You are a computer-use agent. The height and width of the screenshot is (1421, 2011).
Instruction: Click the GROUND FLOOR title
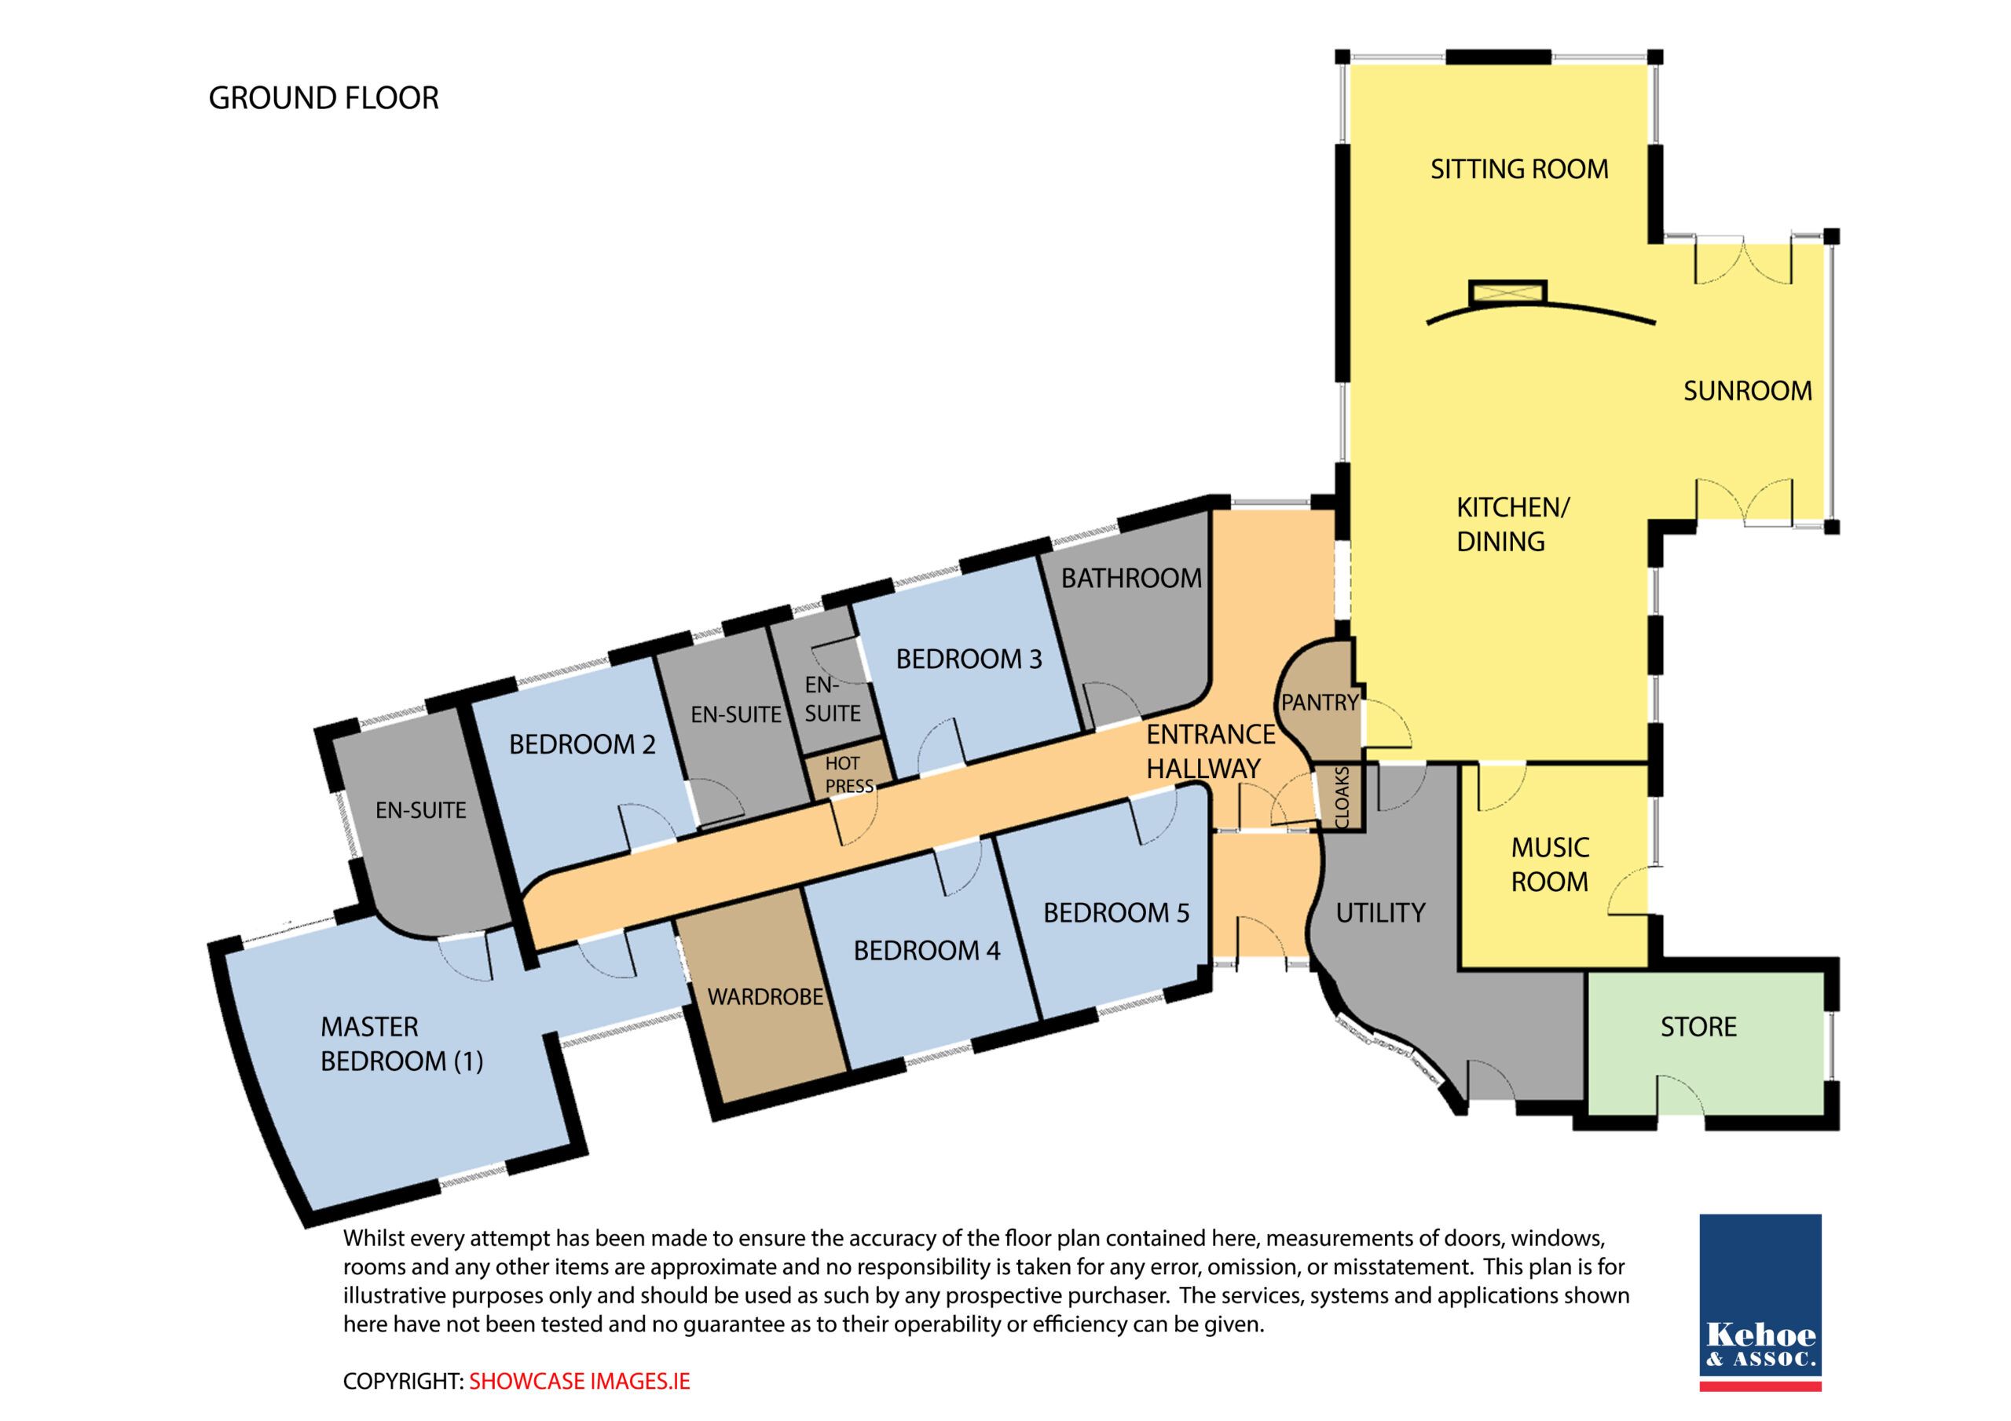pos(323,98)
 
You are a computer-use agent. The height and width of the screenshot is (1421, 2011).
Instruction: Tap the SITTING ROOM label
pos(1518,169)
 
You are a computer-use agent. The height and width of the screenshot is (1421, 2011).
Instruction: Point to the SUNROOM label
pos(1747,390)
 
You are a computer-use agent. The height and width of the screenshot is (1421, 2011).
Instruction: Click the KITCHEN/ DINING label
pos(1513,524)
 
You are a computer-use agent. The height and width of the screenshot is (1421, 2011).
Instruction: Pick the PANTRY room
pos(1318,700)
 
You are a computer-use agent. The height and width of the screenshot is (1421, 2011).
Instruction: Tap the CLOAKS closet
pos(1342,798)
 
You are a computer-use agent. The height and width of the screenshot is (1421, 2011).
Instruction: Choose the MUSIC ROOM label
pos(1549,864)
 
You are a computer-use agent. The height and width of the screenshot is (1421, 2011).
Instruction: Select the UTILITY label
pos(1380,913)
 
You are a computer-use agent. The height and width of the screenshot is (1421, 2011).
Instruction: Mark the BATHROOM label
pos(1130,578)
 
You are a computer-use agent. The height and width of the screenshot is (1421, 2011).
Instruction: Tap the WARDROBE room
pos(764,996)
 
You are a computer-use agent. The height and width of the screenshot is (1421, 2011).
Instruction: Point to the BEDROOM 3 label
pos(969,659)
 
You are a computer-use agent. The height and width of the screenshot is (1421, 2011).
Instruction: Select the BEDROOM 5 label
pos(1115,913)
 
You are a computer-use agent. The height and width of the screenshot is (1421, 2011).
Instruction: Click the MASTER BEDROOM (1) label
pos(401,1043)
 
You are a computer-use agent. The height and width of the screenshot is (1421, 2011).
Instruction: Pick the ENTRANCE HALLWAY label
pos(1211,751)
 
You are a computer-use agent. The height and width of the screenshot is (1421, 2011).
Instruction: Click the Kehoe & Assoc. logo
pos(1760,1302)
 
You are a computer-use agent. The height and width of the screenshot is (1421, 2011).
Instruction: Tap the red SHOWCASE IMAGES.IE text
pos(579,1382)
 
